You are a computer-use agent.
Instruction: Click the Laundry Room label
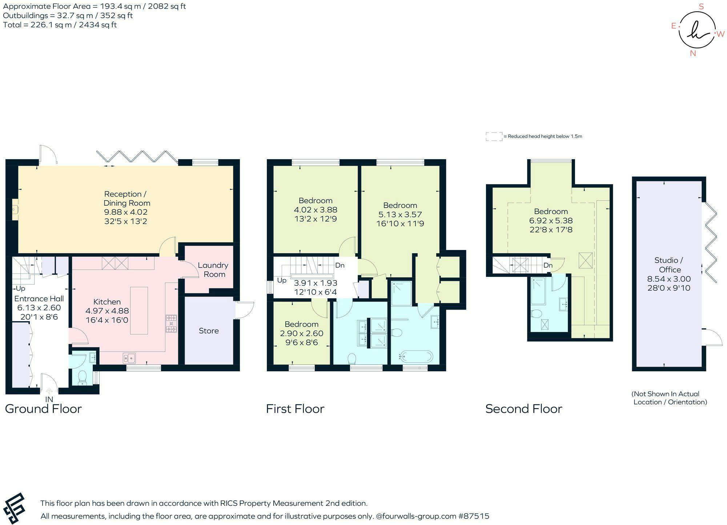(213, 270)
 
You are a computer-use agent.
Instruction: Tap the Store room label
(209, 331)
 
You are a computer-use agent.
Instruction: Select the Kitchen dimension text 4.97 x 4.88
(107, 311)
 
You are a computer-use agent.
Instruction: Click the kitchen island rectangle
(139, 310)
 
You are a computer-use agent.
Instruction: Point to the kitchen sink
(129, 358)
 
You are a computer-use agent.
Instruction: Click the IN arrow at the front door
(49, 391)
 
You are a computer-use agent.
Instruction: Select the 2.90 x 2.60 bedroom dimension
(301, 333)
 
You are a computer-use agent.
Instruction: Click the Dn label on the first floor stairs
(340, 265)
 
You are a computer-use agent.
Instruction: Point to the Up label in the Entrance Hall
(20, 288)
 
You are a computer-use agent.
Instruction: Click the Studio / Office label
(670, 265)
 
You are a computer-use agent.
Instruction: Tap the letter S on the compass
(702, 6)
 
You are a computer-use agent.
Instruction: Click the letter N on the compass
(693, 53)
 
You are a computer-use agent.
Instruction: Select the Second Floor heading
(524, 409)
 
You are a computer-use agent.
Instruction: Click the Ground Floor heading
(43, 409)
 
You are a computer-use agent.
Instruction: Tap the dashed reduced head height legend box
(494, 137)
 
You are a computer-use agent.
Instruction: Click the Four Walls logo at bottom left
(13, 508)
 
